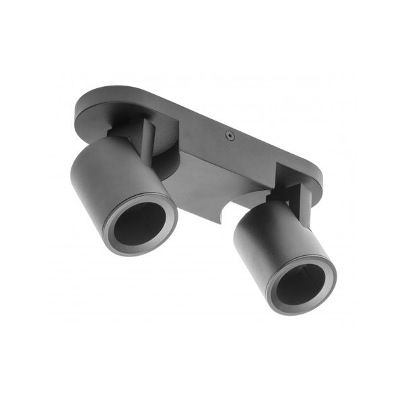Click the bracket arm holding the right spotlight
[304, 203]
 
